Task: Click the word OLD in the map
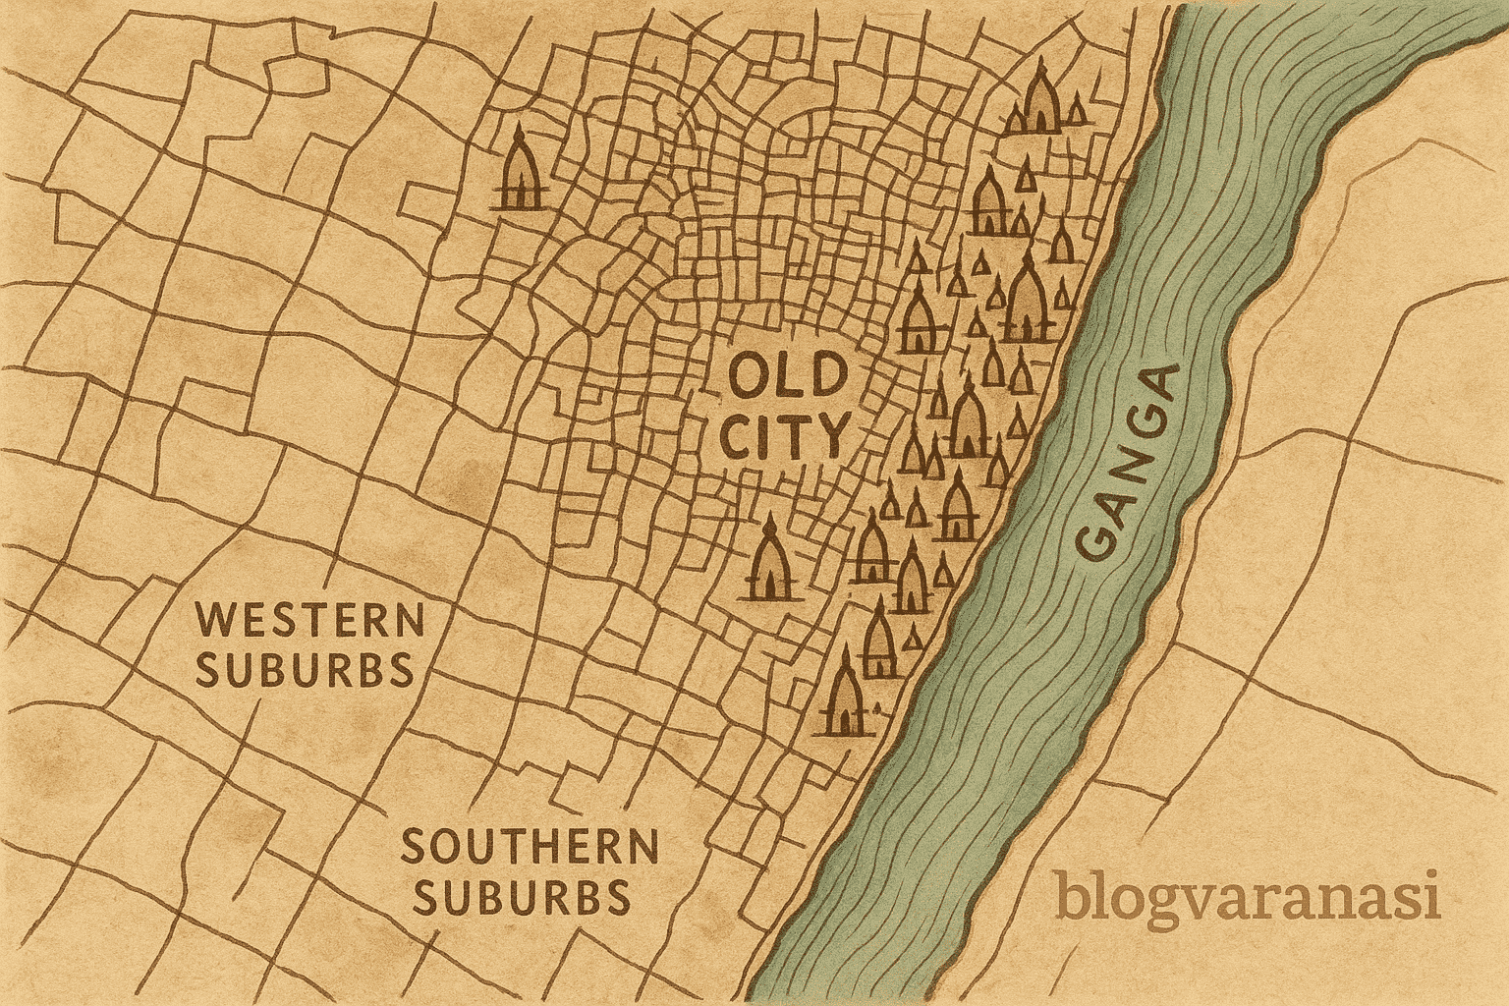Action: click(x=787, y=378)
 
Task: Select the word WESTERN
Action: click(x=310, y=622)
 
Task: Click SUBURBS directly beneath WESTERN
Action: click(x=304, y=671)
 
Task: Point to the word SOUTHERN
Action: click(x=530, y=847)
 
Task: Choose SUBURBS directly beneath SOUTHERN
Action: click(x=522, y=896)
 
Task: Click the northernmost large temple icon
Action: click(x=1038, y=98)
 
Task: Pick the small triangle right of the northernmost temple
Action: click(x=1080, y=111)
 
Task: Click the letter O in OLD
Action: click(x=749, y=378)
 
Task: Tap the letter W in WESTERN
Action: click(x=219, y=622)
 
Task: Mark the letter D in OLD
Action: click(x=825, y=378)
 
